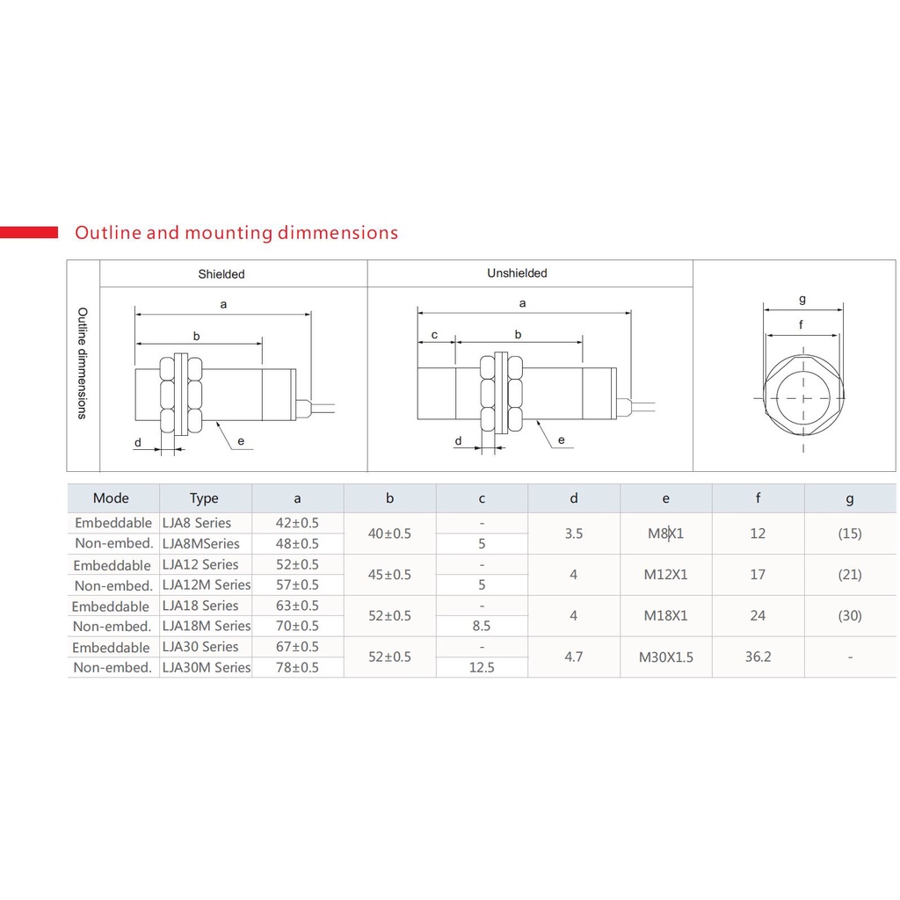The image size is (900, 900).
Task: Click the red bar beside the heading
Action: click(x=29, y=232)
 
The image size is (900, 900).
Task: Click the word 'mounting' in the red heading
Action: click(x=229, y=233)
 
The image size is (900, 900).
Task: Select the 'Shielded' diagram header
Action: click(x=221, y=274)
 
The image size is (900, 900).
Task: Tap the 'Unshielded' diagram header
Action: click(x=517, y=273)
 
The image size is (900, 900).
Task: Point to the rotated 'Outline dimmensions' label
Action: click(x=83, y=363)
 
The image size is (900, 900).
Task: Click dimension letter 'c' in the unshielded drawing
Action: click(x=434, y=335)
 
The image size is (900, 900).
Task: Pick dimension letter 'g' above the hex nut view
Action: click(x=802, y=299)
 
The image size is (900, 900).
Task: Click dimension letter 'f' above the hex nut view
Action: click(x=802, y=324)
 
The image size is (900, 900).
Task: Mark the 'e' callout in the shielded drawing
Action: click(x=241, y=441)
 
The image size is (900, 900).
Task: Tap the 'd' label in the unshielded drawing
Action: click(x=458, y=440)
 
